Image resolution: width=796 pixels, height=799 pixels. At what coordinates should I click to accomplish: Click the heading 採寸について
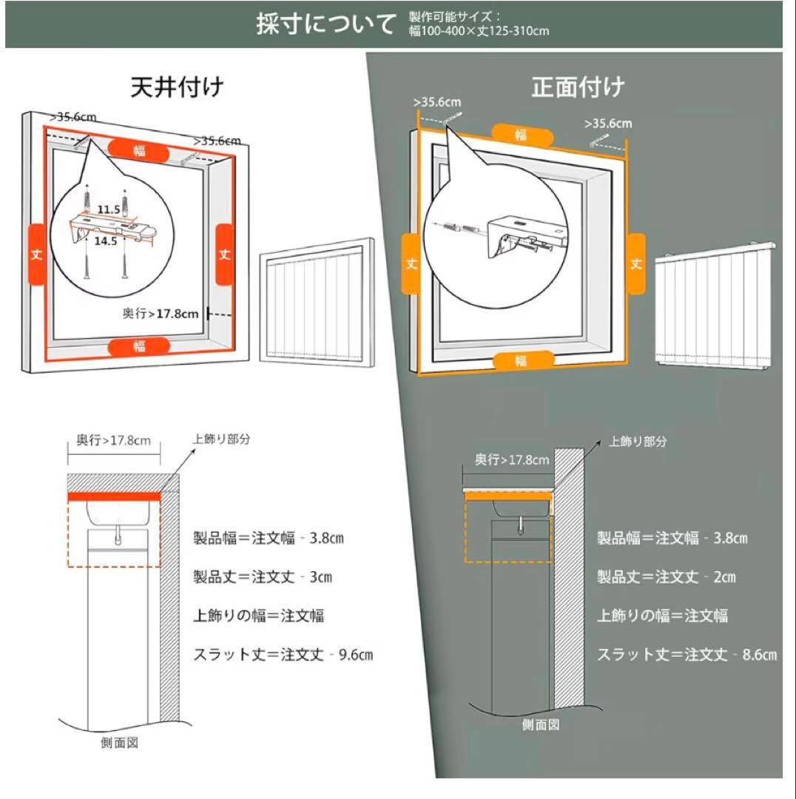326,24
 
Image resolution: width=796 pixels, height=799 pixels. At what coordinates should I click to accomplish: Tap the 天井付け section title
177,87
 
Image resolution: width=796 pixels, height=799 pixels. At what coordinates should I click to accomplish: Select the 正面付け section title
578,87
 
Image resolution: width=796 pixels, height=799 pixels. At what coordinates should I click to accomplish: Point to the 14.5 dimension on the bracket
105,241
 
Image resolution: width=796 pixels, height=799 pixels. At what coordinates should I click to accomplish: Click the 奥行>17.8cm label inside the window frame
161,313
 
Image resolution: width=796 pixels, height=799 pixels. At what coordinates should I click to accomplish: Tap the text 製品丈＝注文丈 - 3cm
263,577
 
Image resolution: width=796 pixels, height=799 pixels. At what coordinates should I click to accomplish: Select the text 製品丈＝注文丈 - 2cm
667,577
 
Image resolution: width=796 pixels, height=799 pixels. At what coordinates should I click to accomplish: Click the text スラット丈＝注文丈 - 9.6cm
283,654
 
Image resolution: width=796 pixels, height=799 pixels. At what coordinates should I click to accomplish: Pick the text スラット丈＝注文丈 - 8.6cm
687,654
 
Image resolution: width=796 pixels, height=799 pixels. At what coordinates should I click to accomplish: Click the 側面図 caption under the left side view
119,743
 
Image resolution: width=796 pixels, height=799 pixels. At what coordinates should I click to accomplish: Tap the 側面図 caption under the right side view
540,725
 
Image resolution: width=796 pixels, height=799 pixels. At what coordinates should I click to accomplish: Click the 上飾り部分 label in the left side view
221,439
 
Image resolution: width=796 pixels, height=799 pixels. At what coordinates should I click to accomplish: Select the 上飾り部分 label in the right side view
638,442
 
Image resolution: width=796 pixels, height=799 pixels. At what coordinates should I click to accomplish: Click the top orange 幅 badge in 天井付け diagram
139,149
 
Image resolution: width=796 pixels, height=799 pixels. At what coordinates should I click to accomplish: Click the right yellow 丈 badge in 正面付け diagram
635,263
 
